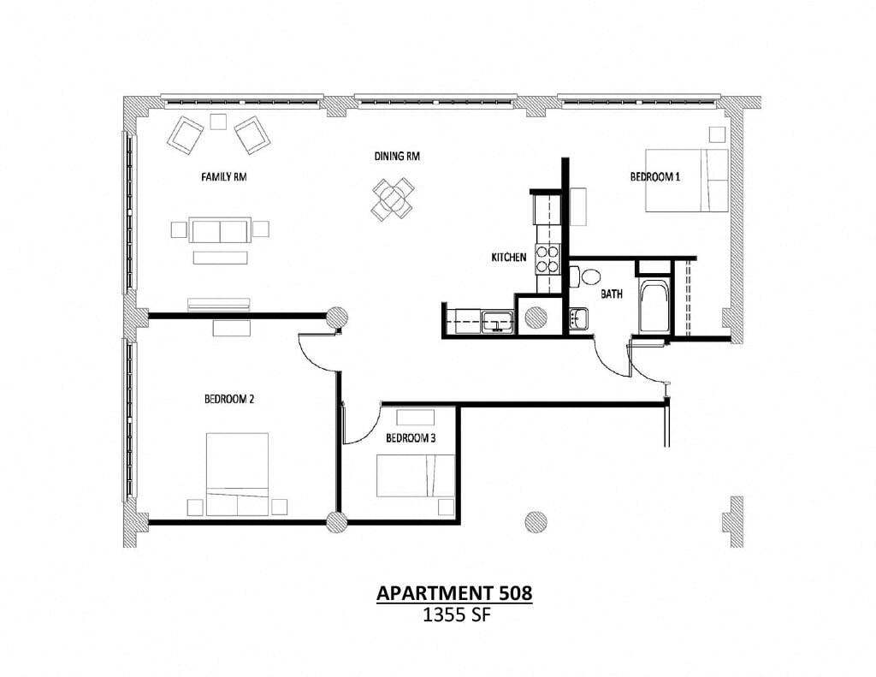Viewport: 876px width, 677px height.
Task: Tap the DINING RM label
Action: pyautogui.click(x=397, y=157)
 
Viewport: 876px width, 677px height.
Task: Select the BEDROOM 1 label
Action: pyautogui.click(x=654, y=177)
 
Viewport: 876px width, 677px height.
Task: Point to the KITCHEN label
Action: pyautogui.click(x=508, y=257)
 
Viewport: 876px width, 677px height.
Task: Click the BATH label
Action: pyautogui.click(x=610, y=294)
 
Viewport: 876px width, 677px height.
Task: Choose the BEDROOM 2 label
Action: pyautogui.click(x=229, y=399)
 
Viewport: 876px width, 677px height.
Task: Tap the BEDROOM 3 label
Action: pyautogui.click(x=411, y=437)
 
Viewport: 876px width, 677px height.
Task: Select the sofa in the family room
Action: pyautogui.click(x=221, y=230)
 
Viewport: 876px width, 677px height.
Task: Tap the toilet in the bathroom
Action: pyautogui.click(x=587, y=276)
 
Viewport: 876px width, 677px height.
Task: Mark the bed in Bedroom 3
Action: pyautogui.click(x=416, y=475)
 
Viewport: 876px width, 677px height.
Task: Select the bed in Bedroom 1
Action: pyautogui.click(x=686, y=180)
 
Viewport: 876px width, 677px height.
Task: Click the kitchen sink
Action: pyautogui.click(x=496, y=323)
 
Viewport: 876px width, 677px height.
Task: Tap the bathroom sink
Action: pyautogui.click(x=578, y=319)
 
